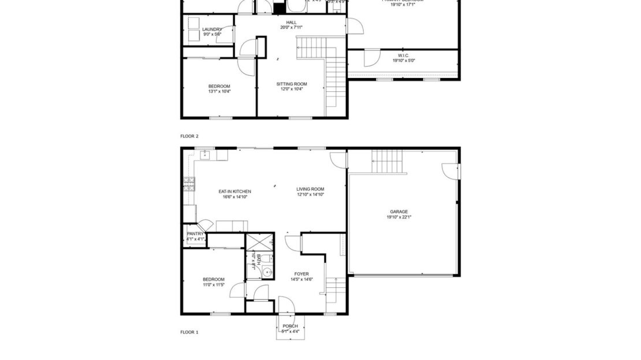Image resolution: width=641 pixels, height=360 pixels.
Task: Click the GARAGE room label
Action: [399, 211]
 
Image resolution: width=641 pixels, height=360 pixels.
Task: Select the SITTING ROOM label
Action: [292, 84]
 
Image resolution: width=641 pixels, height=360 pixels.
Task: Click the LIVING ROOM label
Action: [310, 189]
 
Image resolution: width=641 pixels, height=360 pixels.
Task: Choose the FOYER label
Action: [301, 274]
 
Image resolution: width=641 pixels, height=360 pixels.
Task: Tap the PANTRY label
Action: [195, 233]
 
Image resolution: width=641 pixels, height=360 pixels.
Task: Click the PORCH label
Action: [290, 326]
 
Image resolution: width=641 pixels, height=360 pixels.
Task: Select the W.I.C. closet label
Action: [404, 55]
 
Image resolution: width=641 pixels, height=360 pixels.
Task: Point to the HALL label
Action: [291, 22]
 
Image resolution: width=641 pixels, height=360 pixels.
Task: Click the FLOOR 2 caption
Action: [189, 136]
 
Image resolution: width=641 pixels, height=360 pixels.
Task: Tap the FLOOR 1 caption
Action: [189, 332]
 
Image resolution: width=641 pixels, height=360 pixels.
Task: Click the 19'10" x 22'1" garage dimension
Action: [399, 217]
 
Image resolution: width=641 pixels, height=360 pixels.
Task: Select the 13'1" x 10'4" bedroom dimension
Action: [219, 91]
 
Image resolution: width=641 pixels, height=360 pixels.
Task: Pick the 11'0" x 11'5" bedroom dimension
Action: [214, 284]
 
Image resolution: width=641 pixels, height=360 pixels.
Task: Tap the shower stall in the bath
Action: [255, 242]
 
